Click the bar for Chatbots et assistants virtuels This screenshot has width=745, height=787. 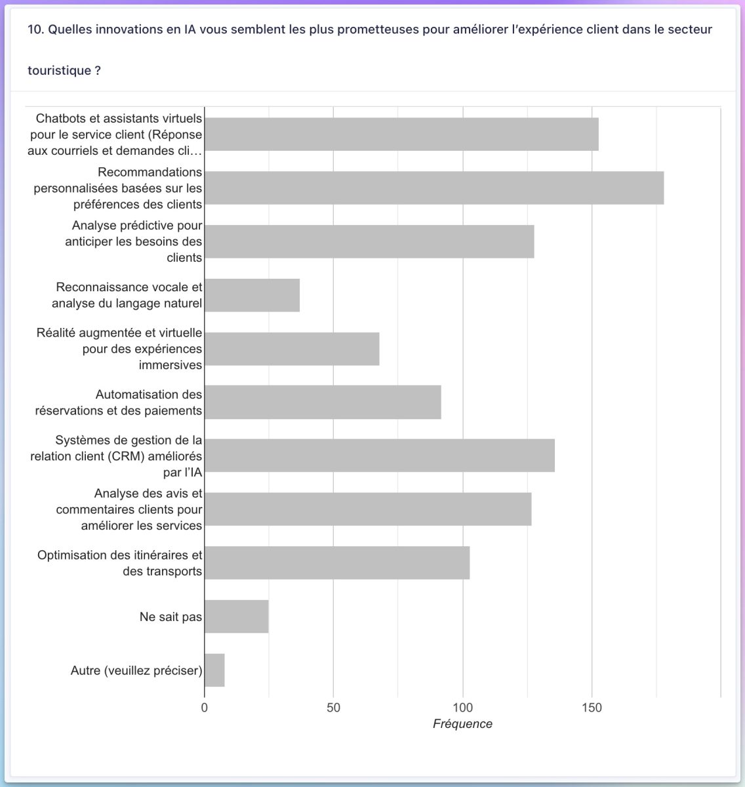coord(401,134)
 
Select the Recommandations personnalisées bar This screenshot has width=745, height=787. coord(434,188)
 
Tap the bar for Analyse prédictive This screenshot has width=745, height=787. coord(369,241)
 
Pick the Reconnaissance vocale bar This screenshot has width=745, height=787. coord(252,295)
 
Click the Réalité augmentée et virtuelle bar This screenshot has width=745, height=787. coord(292,349)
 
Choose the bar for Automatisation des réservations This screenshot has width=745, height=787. coord(323,402)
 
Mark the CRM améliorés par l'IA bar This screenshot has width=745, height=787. coord(380,456)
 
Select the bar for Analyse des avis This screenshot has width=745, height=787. coord(369,509)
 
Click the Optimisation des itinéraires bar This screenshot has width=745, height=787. coord(337,563)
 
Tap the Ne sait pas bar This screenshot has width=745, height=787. coord(237,616)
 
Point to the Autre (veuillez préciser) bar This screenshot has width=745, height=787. coord(214,670)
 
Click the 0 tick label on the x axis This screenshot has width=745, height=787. coord(204,708)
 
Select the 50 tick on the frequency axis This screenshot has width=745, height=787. coord(333,708)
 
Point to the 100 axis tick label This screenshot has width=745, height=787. coord(462,708)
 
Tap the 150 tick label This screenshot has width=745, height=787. coord(592,708)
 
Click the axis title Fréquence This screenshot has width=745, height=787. coord(462,724)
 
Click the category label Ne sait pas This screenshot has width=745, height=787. coord(171,617)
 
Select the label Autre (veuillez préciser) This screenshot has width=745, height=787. coord(136,670)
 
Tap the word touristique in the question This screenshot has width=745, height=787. coord(59,70)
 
